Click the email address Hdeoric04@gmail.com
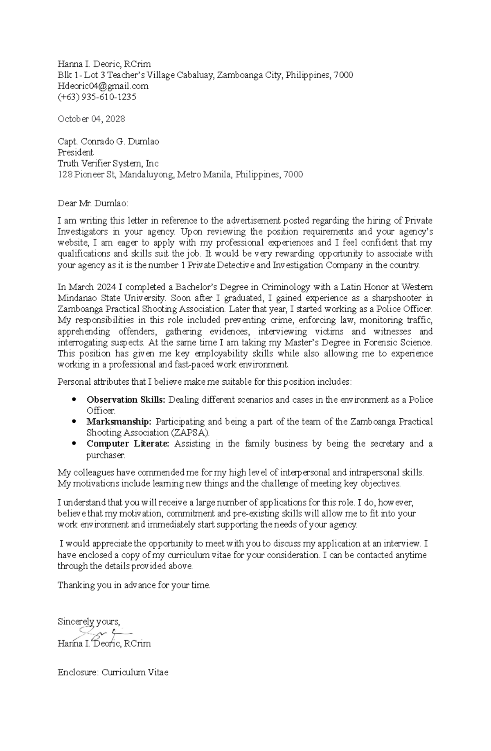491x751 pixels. pyautogui.click(x=103, y=86)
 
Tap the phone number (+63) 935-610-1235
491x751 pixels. pyautogui.click(x=97, y=97)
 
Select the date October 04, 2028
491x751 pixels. pyautogui.click(x=91, y=119)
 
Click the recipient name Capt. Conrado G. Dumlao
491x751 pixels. pyautogui.click(x=108, y=142)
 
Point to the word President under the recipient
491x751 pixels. pyautogui.click(x=75, y=153)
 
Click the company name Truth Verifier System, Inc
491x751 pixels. pyautogui.click(x=108, y=164)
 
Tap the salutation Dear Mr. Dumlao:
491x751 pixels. pyautogui.click(x=93, y=203)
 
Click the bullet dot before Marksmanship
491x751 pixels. pyautogui.click(x=74, y=422)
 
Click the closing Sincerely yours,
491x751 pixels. pyautogui.click(x=89, y=622)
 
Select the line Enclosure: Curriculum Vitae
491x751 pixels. pyautogui.click(x=113, y=672)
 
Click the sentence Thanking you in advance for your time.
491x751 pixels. pyautogui.click(x=134, y=585)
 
